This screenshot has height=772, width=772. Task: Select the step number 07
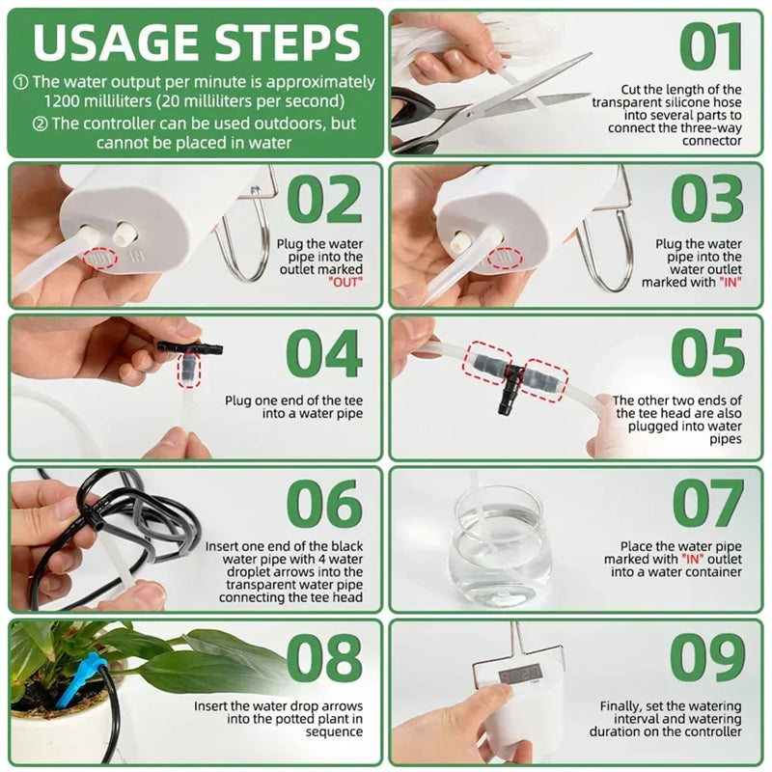pyautogui.click(x=708, y=505)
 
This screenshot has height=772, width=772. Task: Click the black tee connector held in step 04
pyautogui.click(x=189, y=347)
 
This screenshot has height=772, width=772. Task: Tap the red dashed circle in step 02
pyautogui.click(x=97, y=258)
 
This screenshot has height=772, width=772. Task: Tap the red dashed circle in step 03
pyautogui.click(x=504, y=256)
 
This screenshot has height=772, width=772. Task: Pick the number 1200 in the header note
pyautogui.click(x=69, y=99)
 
